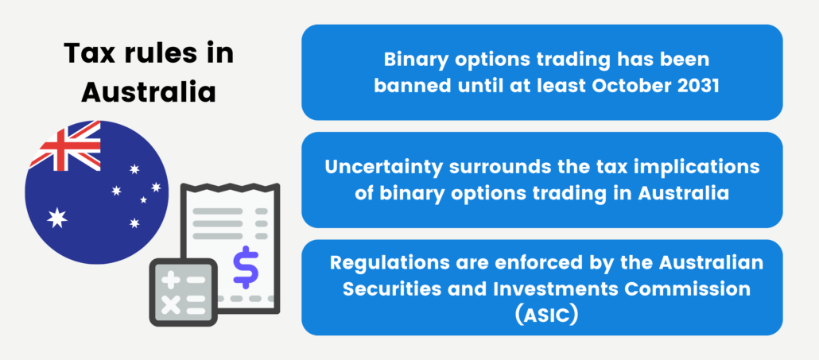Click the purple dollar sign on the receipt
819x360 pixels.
coord(246,266)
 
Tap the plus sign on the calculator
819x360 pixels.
coord(170,279)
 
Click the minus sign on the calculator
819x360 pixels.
coord(196,279)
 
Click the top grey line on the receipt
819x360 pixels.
coord(218,211)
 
